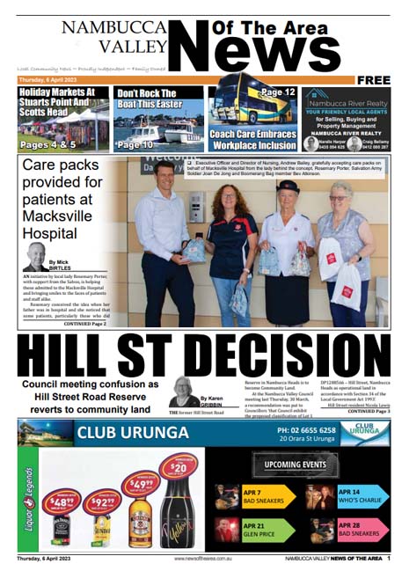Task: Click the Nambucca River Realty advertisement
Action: point(346,119)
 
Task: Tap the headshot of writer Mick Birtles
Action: point(36,256)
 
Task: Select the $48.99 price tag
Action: point(61,502)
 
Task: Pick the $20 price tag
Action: point(179,468)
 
